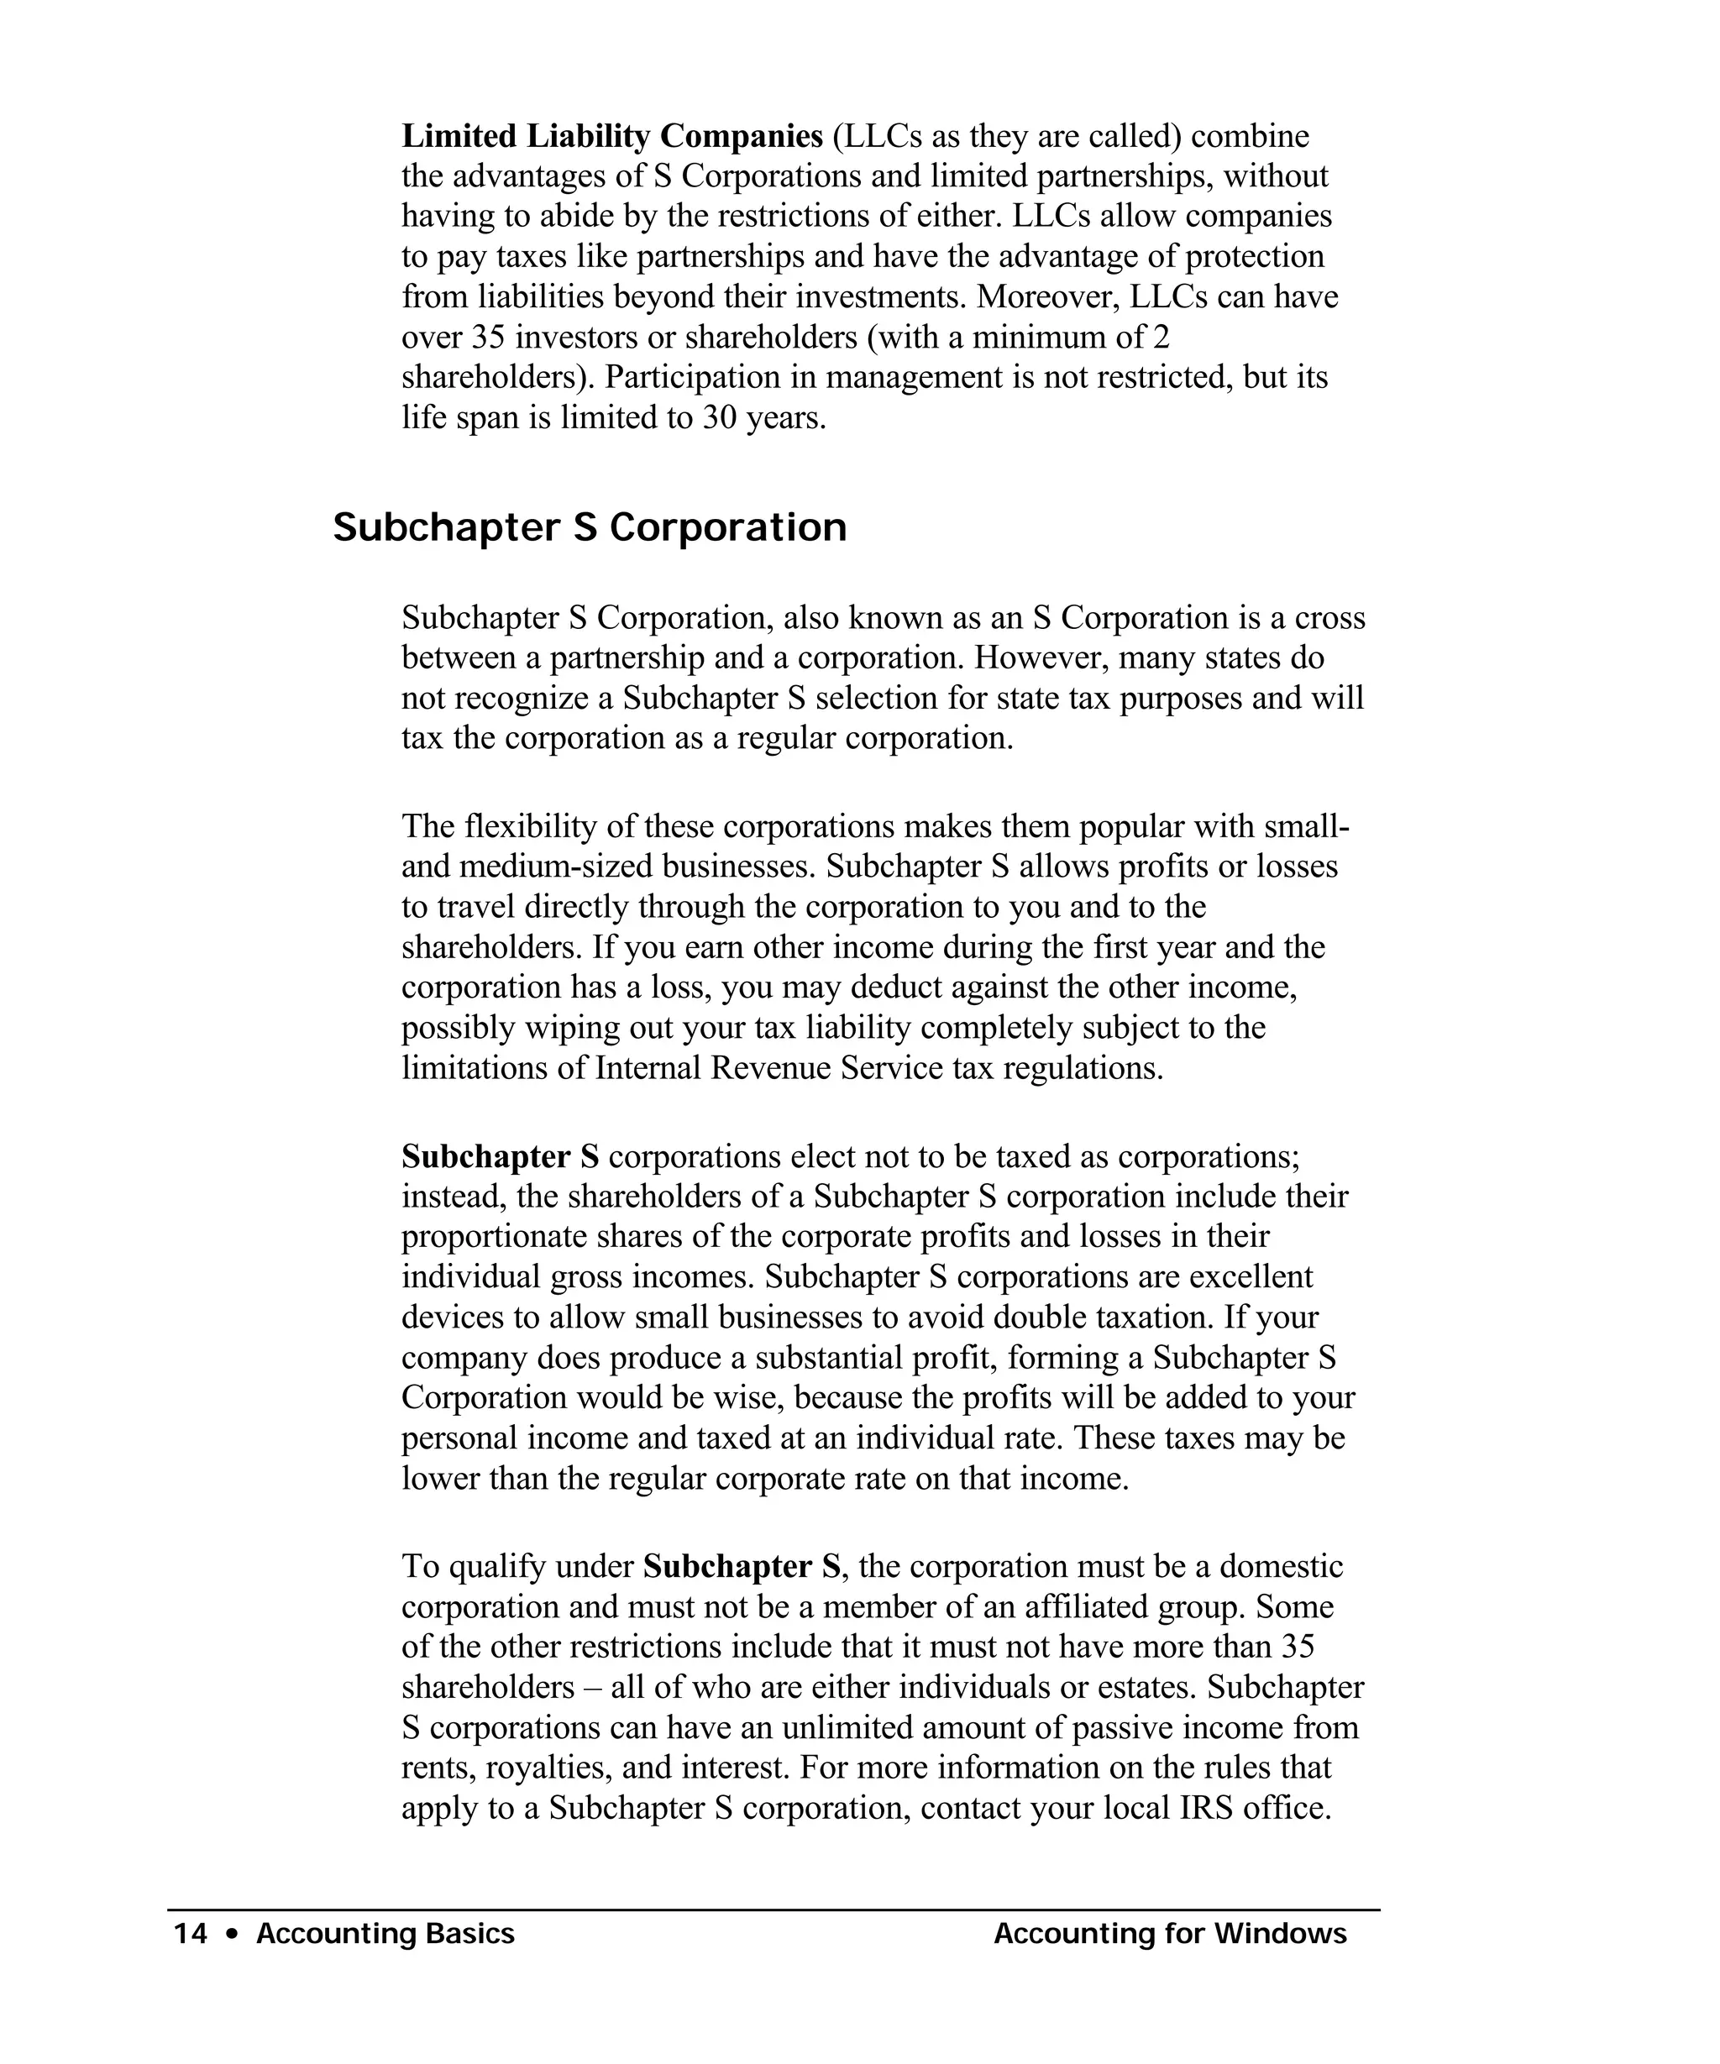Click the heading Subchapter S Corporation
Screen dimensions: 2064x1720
tap(589, 528)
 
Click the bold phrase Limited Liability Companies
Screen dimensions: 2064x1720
tap(611, 136)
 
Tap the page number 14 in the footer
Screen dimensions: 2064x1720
tap(190, 1934)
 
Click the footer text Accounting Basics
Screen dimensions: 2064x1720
tap(385, 1934)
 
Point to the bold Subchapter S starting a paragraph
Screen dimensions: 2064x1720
tap(500, 1157)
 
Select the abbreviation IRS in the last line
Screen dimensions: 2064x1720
tap(1205, 1808)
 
